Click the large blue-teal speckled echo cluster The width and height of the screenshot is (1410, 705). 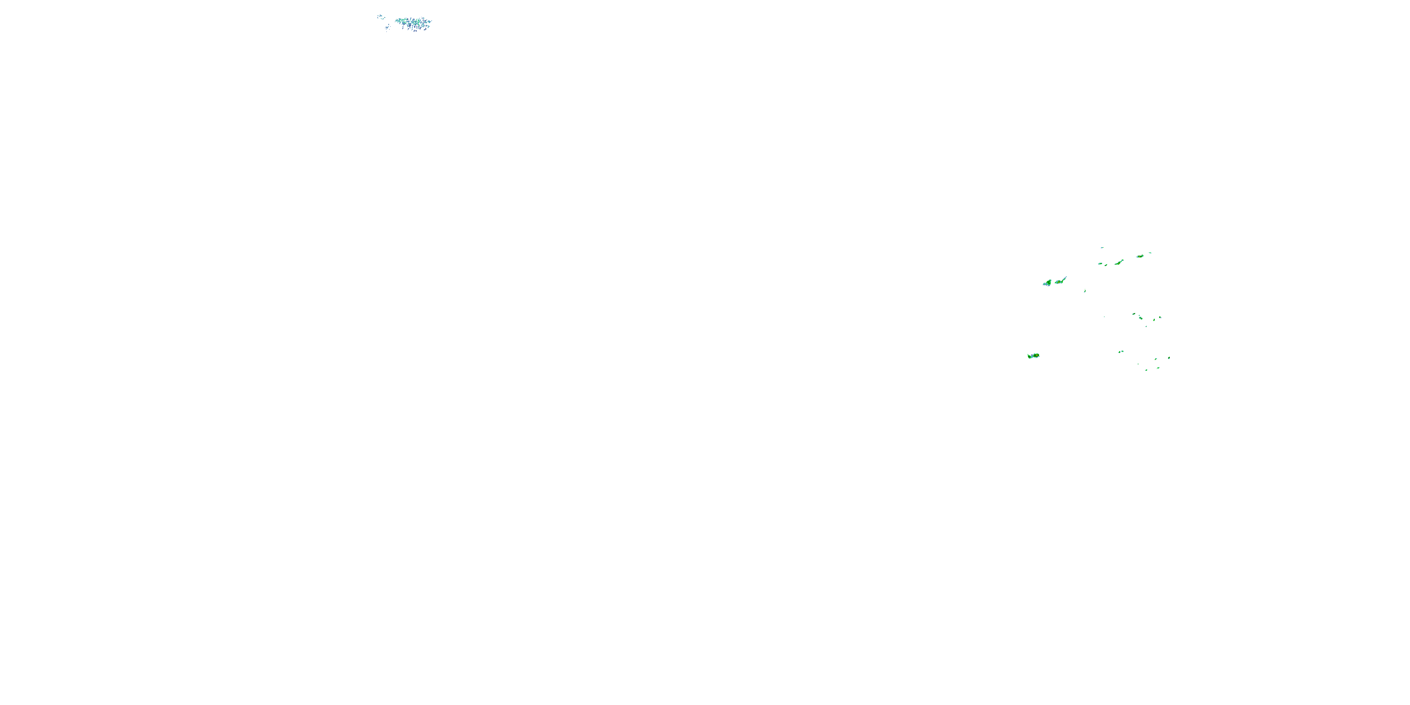point(415,23)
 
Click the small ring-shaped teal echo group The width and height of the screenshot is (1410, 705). point(382,17)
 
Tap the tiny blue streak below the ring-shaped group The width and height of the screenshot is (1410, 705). point(388,27)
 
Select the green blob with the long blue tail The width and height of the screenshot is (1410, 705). point(1059,282)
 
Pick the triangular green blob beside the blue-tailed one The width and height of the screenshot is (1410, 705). point(1048,283)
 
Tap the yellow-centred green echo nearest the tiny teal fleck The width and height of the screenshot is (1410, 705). point(1140,257)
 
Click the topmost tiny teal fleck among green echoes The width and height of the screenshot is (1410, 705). point(1102,248)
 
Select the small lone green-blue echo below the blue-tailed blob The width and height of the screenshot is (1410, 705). point(1085,291)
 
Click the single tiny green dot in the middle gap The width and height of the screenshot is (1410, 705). point(1104,317)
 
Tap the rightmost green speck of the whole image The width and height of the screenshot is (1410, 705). point(1169,359)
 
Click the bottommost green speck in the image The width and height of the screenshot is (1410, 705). point(1147,370)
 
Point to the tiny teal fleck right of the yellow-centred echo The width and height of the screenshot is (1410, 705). point(1150,253)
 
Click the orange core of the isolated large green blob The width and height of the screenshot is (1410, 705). point(1037,356)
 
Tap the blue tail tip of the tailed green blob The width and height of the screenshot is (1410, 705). point(1066,277)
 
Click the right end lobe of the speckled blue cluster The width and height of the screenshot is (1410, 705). point(430,22)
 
